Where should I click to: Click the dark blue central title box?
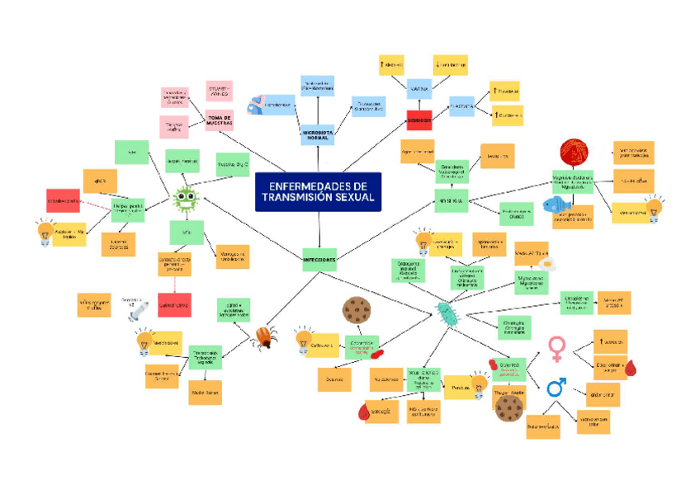tap(318, 191)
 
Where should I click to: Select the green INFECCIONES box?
tap(319, 259)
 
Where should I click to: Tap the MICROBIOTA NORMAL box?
tap(317, 134)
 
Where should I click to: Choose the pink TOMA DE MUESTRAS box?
tap(220, 120)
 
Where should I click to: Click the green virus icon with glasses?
tap(186, 199)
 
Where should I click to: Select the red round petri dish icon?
tap(575, 152)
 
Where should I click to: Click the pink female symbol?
tap(557, 347)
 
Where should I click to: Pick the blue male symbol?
tap(557, 387)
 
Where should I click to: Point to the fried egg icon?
tap(547, 265)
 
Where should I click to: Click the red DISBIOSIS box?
tap(420, 120)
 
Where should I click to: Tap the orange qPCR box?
tap(100, 181)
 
